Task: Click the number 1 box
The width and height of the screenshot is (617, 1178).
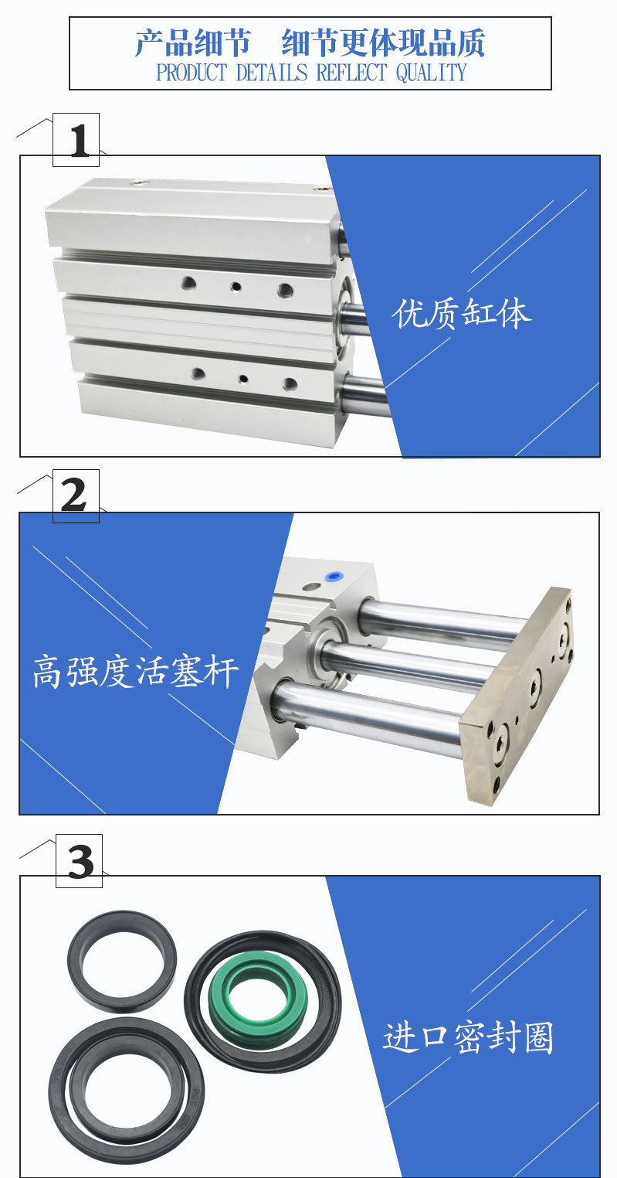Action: [76, 140]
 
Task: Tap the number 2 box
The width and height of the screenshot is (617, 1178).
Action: [76, 496]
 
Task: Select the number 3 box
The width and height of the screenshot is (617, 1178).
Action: [80, 861]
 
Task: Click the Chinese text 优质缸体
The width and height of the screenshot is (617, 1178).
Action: [462, 314]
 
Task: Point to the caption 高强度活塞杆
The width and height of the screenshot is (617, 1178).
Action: [136, 671]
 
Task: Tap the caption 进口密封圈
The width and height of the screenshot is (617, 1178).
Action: [468, 1037]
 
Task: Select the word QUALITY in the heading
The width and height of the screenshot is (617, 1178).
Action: [431, 73]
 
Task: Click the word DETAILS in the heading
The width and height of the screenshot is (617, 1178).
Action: [272, 73]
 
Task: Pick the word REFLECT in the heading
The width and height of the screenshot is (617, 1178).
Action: [351, 73]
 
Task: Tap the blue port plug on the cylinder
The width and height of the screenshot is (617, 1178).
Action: [331, 576]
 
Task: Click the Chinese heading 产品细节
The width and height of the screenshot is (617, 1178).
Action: [192, 43]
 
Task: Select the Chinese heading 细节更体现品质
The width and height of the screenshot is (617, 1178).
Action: [383, 43]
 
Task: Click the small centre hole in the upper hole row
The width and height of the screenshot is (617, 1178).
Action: [236, 287]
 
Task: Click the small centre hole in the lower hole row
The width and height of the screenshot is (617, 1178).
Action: [242, 378]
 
